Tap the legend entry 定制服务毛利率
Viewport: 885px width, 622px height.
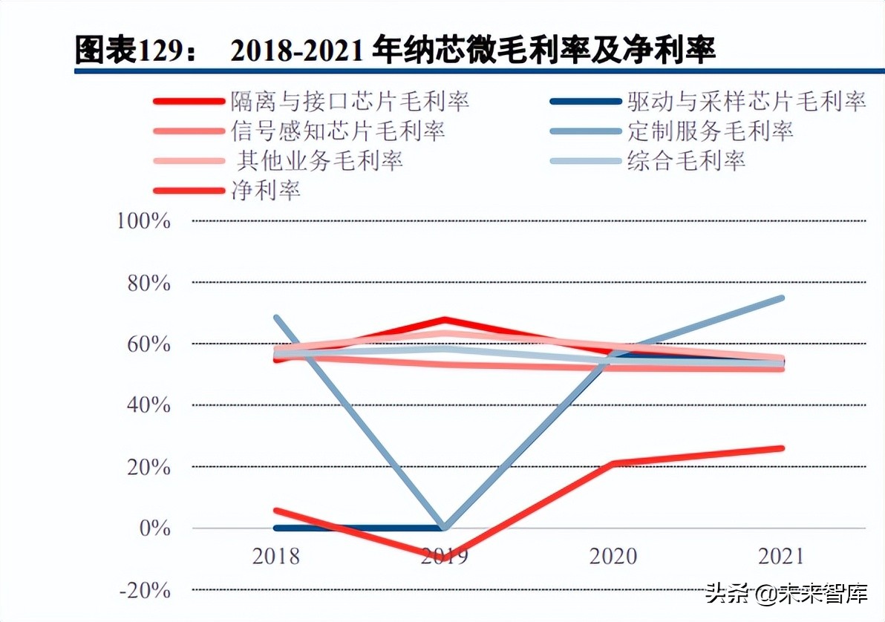[710, 131]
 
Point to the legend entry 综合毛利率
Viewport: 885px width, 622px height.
[686, 160]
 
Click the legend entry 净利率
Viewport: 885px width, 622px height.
[266, 190]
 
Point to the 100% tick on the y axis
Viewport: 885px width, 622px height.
[145, 221]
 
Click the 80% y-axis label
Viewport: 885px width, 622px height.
[149, 284]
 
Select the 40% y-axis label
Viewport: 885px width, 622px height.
[149, 405]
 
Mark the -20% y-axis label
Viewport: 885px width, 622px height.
[145, 591]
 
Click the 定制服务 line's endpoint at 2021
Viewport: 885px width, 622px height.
[781, 298]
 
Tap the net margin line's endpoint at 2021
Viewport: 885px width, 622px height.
[781, 448]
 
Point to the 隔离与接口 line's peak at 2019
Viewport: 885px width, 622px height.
[445, 321]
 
